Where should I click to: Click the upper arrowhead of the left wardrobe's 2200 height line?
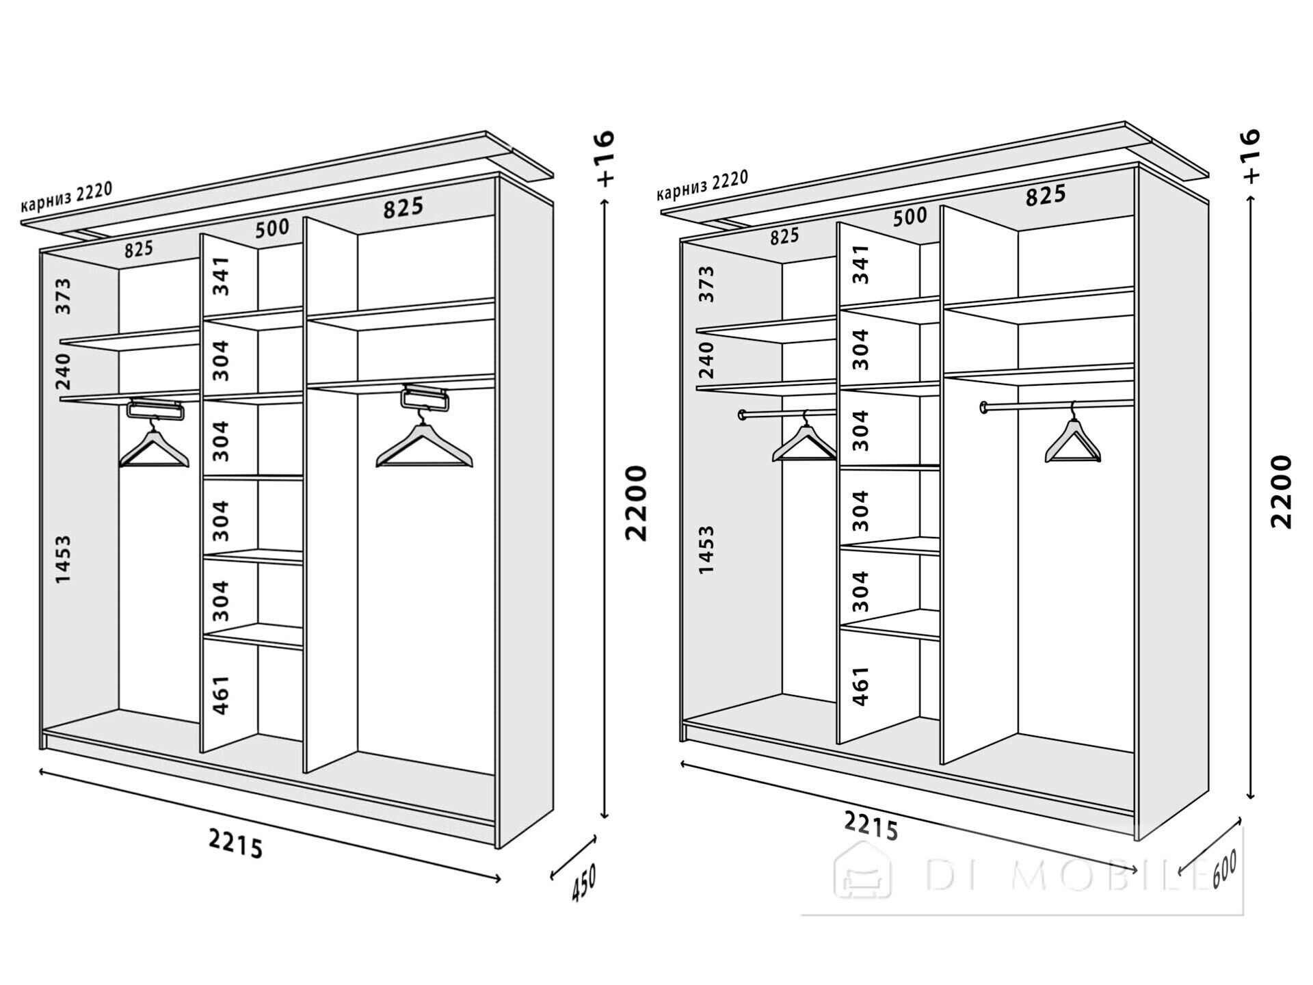(x=604, y=201)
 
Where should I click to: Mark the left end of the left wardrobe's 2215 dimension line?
(x=41, y=772)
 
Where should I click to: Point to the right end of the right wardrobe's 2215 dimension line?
(x=1136, y=870)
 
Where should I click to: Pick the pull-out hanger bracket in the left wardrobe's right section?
(x=424, y=397)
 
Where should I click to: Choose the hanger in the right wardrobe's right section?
(x=1072, y=434)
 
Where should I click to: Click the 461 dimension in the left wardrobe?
(x=220, y=696)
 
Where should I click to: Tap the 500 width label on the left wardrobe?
(x=272, y=228)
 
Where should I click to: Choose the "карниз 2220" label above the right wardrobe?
(x=702, y=185)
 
